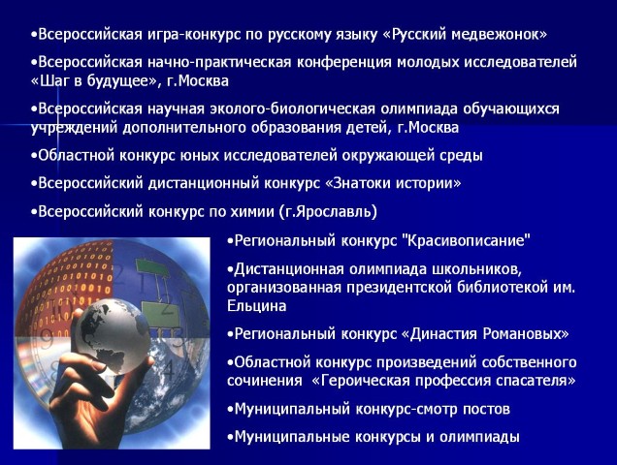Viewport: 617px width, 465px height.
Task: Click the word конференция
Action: click(x=344, y=63)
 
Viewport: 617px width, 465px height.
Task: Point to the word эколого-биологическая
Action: click(x=293, y=108)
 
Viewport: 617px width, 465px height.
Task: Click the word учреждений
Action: click(x=74, y=128)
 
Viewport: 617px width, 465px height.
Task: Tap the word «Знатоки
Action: click(x=358, y=183)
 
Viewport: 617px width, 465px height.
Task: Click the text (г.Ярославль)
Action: click(x=328, y=211)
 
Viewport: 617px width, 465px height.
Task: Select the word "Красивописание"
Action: click(x=467, y=240)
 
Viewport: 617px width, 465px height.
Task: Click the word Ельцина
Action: click(x=256, y=306)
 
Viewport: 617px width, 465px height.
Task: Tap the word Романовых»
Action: click(x=526, y=333)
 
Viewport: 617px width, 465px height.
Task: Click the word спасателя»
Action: click(x=536, y=381)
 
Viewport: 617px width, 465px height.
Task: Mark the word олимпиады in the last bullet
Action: click(x=479, y=437)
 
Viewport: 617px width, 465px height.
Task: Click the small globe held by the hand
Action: click(x=112, y=336)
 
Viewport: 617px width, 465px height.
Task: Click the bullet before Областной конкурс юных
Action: click(x=34, y=156)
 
